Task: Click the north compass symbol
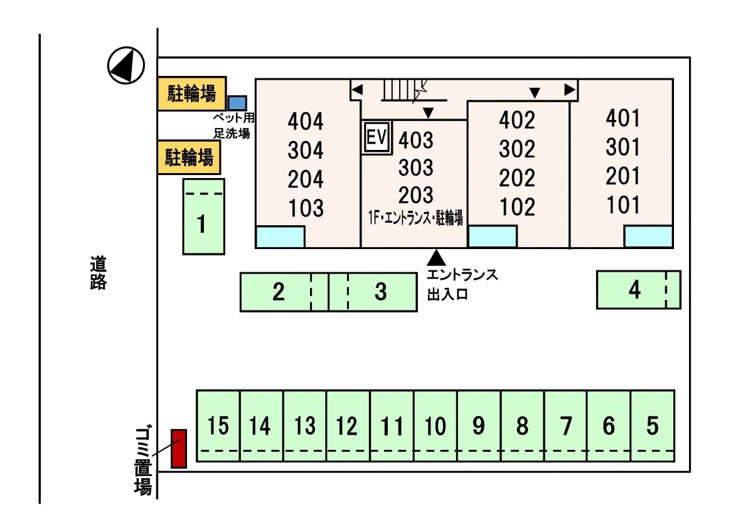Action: point(126,65)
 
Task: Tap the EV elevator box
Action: point(377,137)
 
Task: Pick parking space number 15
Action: point(218,426)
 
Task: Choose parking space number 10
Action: point(435,426)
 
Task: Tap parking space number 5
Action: point(653,426)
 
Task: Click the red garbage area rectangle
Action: point(179,449)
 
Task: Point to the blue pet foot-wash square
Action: point(237,103)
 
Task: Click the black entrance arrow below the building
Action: point(436,257)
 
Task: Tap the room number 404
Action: point(306,121)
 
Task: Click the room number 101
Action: point(623,205)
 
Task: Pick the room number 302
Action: point(518,149)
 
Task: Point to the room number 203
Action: point(415,195)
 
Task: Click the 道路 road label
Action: point(98,272)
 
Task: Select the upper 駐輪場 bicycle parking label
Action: point(191,94)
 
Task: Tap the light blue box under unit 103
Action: point(280,237)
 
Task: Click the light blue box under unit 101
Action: point(648,237)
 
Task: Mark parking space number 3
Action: point(381,292)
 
